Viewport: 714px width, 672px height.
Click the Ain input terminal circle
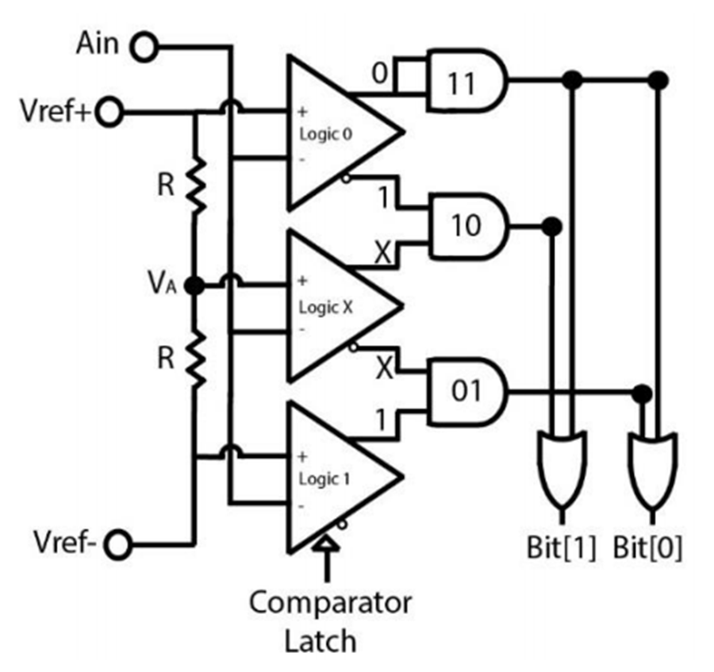144,47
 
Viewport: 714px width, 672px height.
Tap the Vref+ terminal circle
109,112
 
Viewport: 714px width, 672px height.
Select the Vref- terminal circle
118,544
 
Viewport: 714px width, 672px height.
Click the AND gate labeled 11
466,80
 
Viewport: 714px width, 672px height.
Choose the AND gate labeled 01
466,392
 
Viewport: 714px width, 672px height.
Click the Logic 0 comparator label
325,134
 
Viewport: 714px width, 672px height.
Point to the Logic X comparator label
325,308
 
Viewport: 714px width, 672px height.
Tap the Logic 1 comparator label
324,479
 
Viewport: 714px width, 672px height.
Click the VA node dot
194,286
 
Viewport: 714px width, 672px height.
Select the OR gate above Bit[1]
562,470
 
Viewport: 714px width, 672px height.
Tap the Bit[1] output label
561,547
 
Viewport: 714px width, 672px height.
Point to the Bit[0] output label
648,547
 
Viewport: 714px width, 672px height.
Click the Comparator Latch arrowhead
326,543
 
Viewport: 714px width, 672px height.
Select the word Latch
321,641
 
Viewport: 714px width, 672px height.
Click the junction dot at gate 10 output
552,226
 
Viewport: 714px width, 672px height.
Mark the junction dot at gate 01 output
642,394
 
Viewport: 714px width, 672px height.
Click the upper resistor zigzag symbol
196,186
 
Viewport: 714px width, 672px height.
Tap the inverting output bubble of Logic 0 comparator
347,179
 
